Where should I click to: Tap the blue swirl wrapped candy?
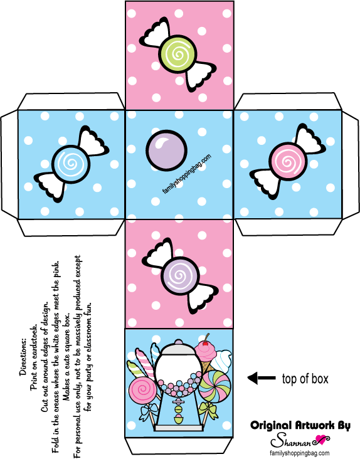(x=70, y=164)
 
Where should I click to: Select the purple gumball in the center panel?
(x=167, y=150)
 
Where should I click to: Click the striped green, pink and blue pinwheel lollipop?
(x=214, y=386)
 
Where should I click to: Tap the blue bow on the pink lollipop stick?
(x=149, y=411)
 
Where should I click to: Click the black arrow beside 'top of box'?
(x=262, y=377)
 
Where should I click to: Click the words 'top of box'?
(x=305, y=379)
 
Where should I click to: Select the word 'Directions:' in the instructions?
(x=23, y=357)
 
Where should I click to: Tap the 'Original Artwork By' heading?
(x=300, y=425)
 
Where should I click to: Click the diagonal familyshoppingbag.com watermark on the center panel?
(x=187, y=174)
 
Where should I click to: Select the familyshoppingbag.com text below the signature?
(x=299, y=453)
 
